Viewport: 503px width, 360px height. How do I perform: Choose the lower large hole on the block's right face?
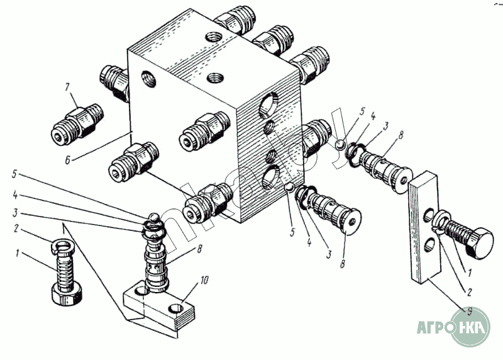point(270,177)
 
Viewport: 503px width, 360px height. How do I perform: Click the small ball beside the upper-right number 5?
point(339,144)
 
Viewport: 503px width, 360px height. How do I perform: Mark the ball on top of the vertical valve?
point(153,218)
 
